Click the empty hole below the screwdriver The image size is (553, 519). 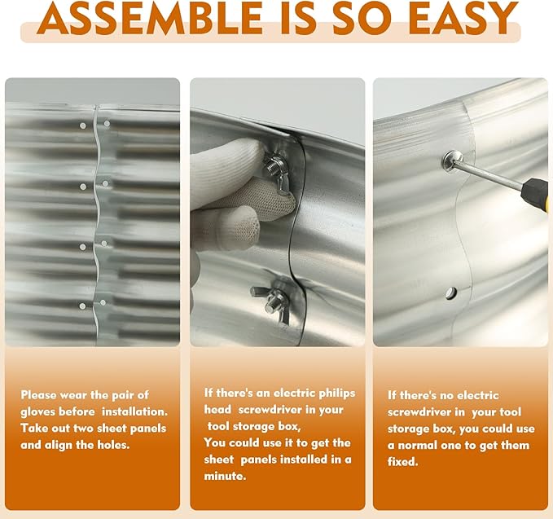point(450,292)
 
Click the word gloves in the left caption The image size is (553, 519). point(38,412)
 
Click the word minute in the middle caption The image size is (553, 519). point(225,477)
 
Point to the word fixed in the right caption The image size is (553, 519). point(402,461)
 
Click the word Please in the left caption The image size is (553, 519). point(39,395)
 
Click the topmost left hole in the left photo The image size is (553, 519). point(82,125)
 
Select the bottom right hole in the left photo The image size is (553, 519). point(103,302)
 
